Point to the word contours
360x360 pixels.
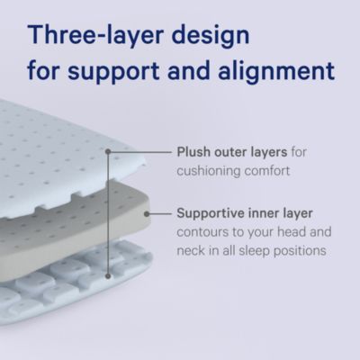pos(200,232)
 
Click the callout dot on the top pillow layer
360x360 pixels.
pos(108,151)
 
